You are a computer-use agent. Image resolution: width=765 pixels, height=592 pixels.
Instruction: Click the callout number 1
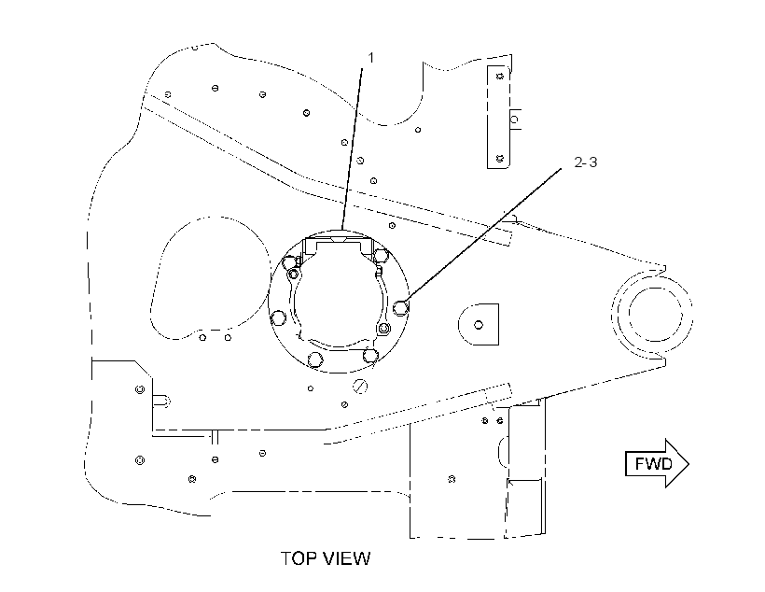[370, 58]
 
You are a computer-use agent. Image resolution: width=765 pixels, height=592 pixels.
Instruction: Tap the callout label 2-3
[586, 162]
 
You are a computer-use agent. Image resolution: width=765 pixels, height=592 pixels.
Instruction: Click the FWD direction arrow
[657, 463]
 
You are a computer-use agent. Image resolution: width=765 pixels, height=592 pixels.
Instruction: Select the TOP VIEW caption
[326, 558]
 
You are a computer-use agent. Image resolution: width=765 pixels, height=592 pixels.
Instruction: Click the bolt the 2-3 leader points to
[401, 308]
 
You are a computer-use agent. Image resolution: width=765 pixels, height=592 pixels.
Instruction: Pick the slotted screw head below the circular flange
[360, 387]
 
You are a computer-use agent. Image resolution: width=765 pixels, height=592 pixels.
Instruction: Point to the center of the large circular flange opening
[339, 302]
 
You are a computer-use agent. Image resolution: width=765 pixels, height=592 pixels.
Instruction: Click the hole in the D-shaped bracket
[479, 325]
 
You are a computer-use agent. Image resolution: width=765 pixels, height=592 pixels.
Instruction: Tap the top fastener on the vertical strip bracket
[499, 76]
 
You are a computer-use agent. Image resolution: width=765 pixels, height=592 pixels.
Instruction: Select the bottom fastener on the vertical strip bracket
[499, 158]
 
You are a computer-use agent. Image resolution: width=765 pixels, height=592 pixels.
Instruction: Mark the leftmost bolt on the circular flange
[279, 318]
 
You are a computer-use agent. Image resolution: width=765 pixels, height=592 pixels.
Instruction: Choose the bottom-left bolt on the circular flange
[315, 359]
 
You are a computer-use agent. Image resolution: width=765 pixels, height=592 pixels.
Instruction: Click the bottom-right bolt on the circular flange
[370, 355]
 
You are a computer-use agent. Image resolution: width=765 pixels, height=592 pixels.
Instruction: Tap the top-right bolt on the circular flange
[380, 255]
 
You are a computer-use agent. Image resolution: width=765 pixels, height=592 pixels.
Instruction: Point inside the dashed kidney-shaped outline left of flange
[210, 278]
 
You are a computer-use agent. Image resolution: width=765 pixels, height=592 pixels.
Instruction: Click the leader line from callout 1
[353, 149]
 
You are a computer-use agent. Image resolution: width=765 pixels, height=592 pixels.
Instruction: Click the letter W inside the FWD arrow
[653, 463]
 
